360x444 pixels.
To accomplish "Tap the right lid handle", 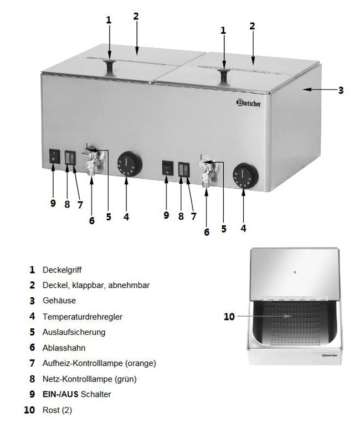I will [224, 76].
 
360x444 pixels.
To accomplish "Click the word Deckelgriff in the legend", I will [62, 270].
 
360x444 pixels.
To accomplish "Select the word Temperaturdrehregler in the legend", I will [83, 317].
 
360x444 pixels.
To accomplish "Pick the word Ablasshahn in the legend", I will [64, 348].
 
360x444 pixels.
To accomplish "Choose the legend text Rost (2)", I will [57, 410].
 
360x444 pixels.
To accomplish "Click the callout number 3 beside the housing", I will [341, 89].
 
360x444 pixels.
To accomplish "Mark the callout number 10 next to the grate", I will [229, 317].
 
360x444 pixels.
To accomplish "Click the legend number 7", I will [32, 363].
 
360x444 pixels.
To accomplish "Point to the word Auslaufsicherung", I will [74, 332].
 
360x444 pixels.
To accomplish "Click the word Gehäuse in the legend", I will [59, 301].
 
